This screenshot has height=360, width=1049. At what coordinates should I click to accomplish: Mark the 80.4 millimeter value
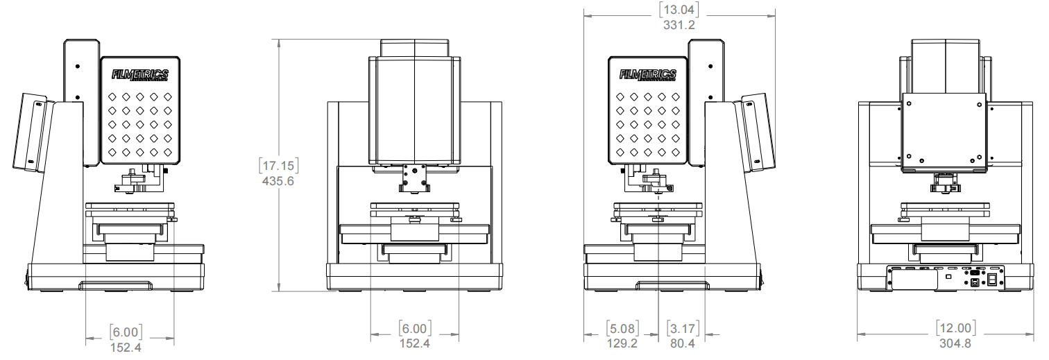tap(683, 343)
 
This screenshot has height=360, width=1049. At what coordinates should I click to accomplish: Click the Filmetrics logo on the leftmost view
tap(139, 75)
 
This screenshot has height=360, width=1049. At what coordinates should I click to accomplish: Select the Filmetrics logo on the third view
tap(647, 75)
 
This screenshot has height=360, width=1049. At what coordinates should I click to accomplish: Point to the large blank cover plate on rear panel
tap(914, 280)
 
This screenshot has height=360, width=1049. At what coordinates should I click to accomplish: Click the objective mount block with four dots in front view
tap(415, 178)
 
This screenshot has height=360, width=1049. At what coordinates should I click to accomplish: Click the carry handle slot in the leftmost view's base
tap(115, 286)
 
